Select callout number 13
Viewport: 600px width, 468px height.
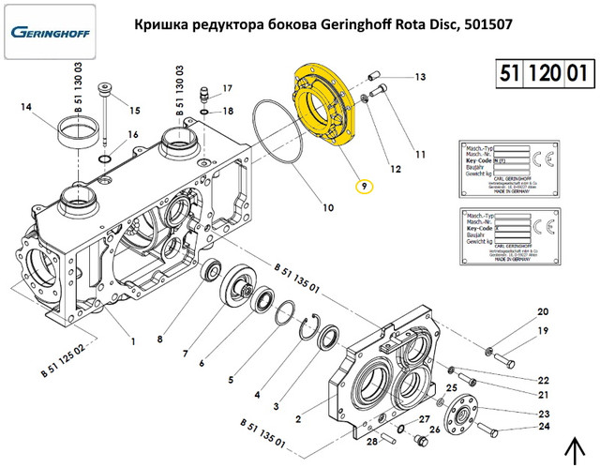420,77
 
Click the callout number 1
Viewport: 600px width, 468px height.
133,341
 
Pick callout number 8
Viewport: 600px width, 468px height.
160,339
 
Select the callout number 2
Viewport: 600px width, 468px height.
298,418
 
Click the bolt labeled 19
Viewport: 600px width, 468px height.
506,358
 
